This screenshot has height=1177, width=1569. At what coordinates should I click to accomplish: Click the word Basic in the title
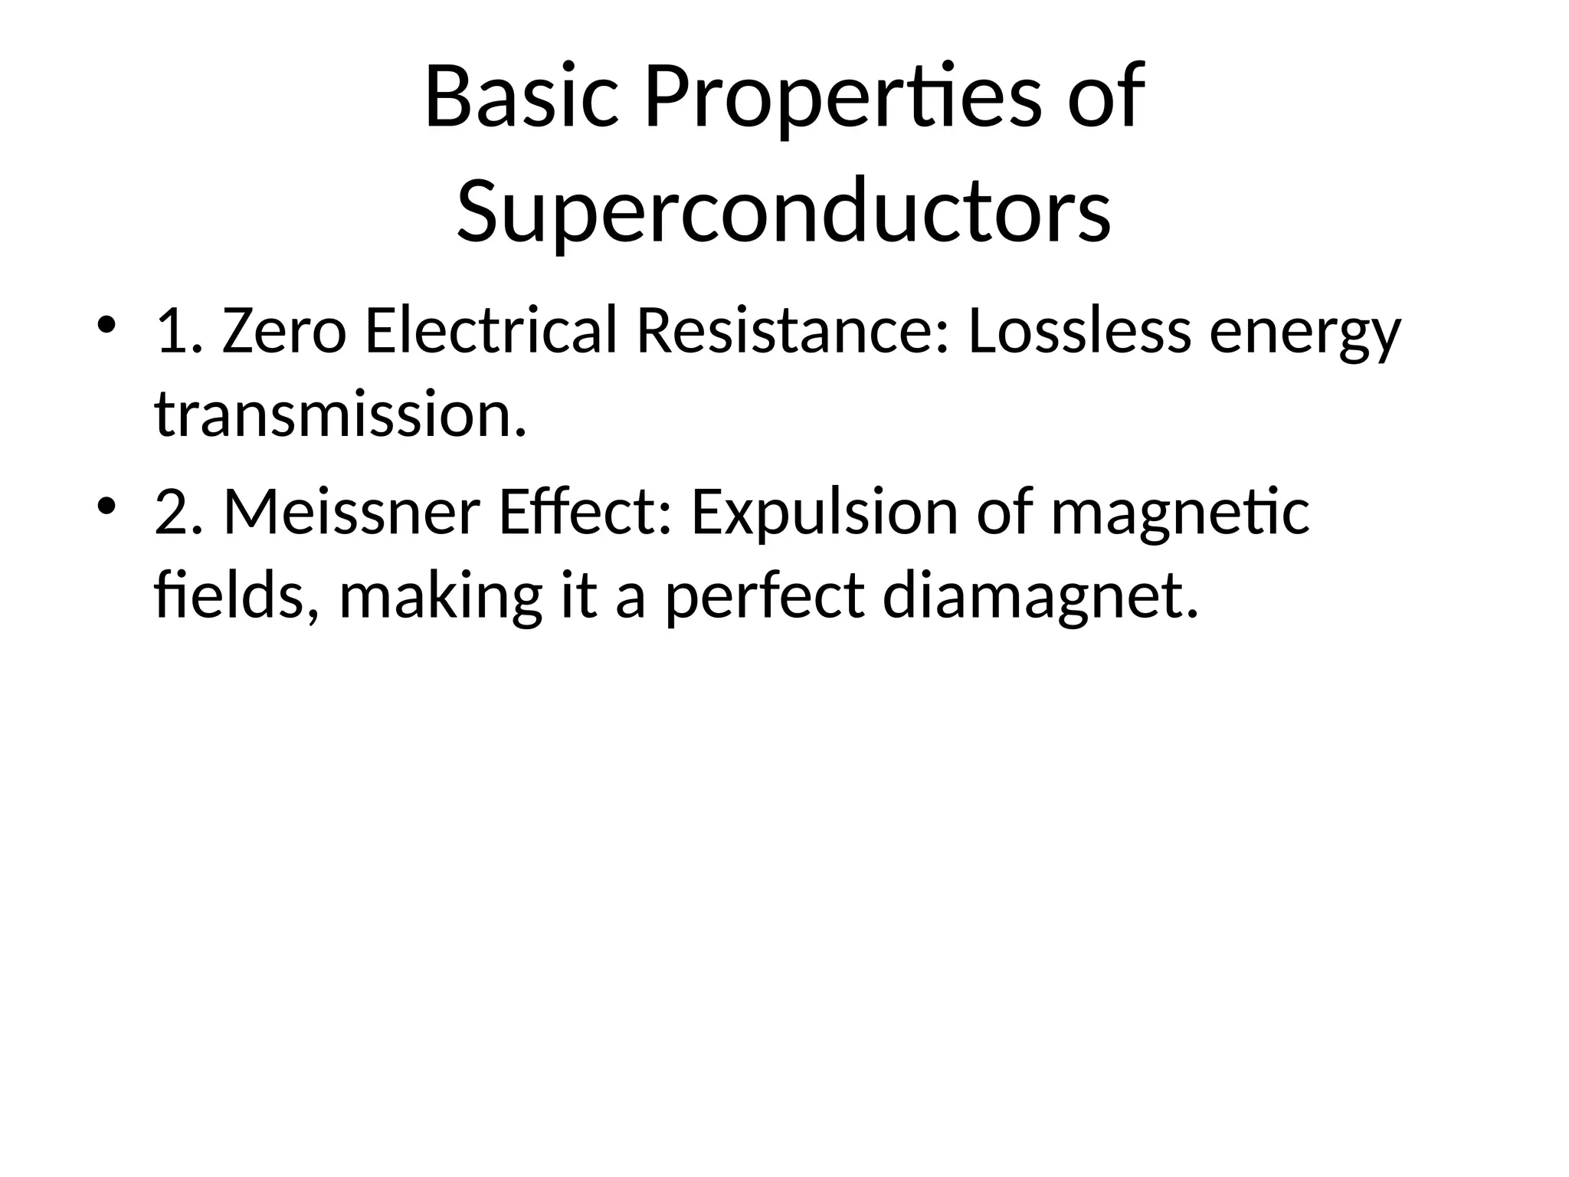(x=520, y=98)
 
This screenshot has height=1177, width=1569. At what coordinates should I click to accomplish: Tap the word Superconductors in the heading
(x=783, y=210)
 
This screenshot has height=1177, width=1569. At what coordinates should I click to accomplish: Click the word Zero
(x=283, y=333)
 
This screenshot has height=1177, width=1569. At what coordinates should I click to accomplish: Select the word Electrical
(x=490, y=331)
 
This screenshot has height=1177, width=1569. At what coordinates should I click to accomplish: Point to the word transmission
(x=340, y=415)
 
